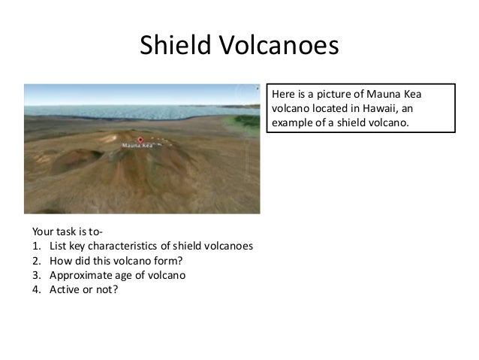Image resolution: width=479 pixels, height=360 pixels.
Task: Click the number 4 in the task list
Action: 35,288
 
